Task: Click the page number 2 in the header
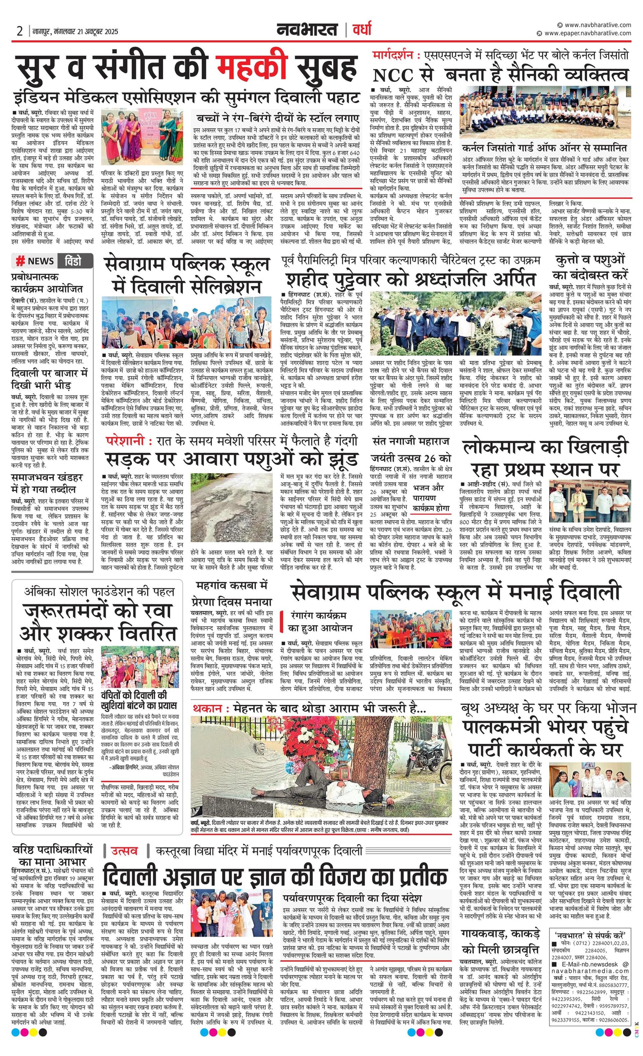tap(20, 31)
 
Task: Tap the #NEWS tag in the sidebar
tap(35, 261)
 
